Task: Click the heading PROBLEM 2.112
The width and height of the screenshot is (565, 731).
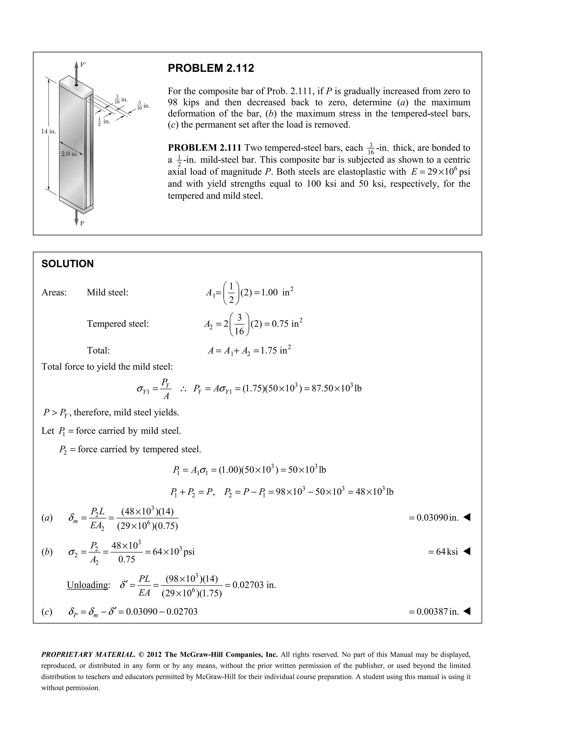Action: point(210,68)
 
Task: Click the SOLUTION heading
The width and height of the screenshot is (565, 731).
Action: point(67,264)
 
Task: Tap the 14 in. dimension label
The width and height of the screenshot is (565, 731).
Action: point(49,132)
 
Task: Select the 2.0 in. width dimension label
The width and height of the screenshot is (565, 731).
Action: point(70,154)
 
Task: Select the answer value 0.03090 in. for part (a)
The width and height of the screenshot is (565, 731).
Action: point(433,517)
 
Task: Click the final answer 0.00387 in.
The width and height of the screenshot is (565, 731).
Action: point(433,612)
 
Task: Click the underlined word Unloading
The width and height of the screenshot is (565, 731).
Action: point(88,585)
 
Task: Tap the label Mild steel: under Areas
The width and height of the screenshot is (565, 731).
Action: point(107,292)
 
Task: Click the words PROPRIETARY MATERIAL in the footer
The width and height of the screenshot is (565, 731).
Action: point(88,654)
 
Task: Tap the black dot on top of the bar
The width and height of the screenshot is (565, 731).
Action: point(77,85)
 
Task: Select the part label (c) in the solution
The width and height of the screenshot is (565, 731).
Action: point(47,612)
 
